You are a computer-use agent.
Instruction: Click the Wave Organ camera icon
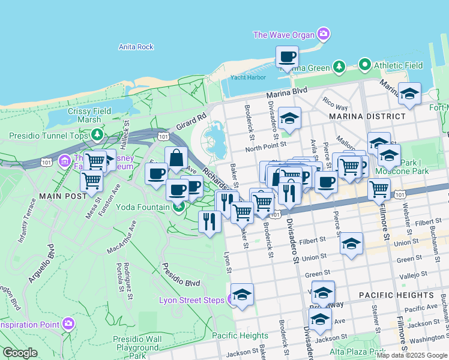tap(324, 34)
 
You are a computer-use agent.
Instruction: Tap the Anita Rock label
tap(136, 47)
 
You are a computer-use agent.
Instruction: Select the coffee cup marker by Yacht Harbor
tap(287, 58)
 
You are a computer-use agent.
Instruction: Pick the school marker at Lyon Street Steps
tap(242, 295)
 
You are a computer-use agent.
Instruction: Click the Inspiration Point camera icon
tap(68, 324)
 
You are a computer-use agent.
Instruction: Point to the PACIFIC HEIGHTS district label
tap(396, 295)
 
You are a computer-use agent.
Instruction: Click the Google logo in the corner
tap(20, 353)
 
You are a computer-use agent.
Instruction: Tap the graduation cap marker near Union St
tap(351, 244)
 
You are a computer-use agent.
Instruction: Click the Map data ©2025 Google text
tap(412, 355)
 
